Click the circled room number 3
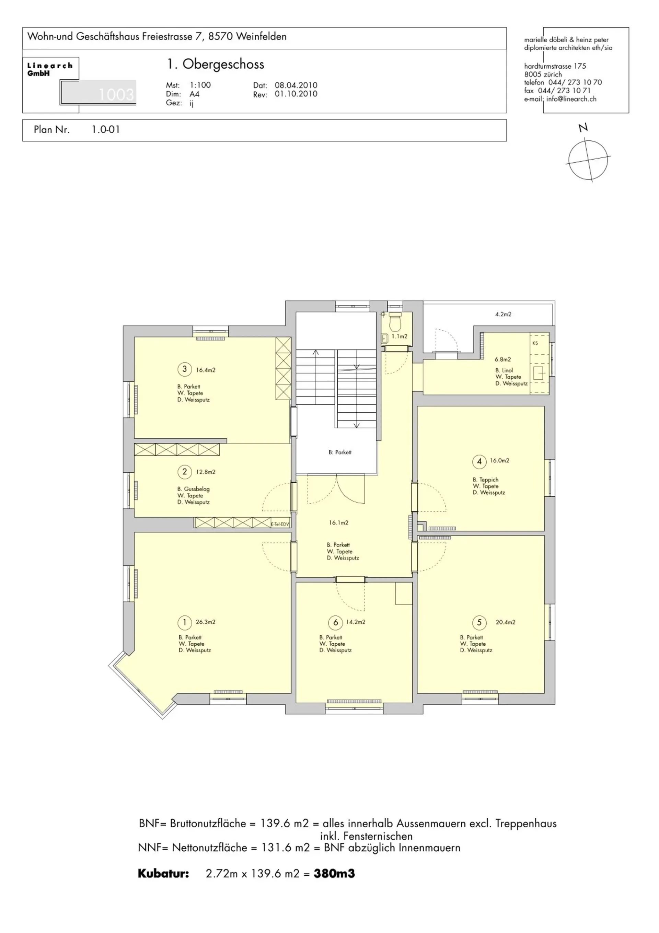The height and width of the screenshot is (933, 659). (184, 369)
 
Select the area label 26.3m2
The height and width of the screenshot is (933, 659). (206, 622)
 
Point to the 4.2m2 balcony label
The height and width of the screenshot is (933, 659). (503, 314)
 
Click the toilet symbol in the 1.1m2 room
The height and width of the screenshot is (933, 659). (394, 323)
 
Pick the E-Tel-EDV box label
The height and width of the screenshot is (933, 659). (280, 524)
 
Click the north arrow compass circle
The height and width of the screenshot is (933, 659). (588, 159)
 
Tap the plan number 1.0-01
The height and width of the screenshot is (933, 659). (106, 130)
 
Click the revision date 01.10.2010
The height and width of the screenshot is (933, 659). (296, 94)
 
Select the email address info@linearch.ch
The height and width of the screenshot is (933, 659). (571, 99)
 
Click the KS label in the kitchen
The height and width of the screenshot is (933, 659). (535, 343)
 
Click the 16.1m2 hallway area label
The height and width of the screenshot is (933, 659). (338, 522)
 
